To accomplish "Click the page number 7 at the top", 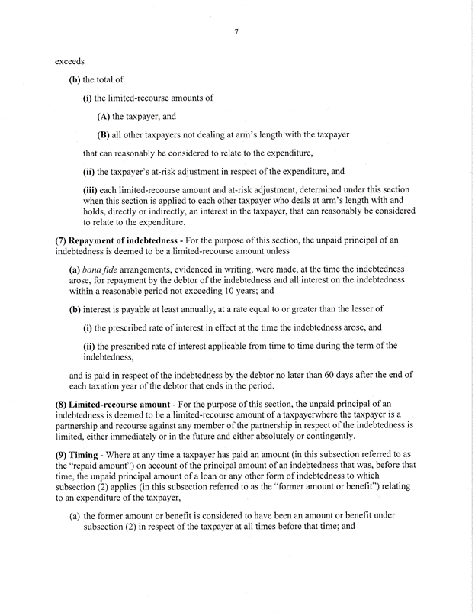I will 238,31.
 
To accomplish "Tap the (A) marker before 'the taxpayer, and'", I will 104,117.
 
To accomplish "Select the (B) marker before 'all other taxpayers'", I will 104,135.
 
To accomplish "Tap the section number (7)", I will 62,242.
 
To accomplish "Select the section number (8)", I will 62,403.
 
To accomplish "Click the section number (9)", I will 62,456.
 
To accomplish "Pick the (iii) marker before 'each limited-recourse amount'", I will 91,190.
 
